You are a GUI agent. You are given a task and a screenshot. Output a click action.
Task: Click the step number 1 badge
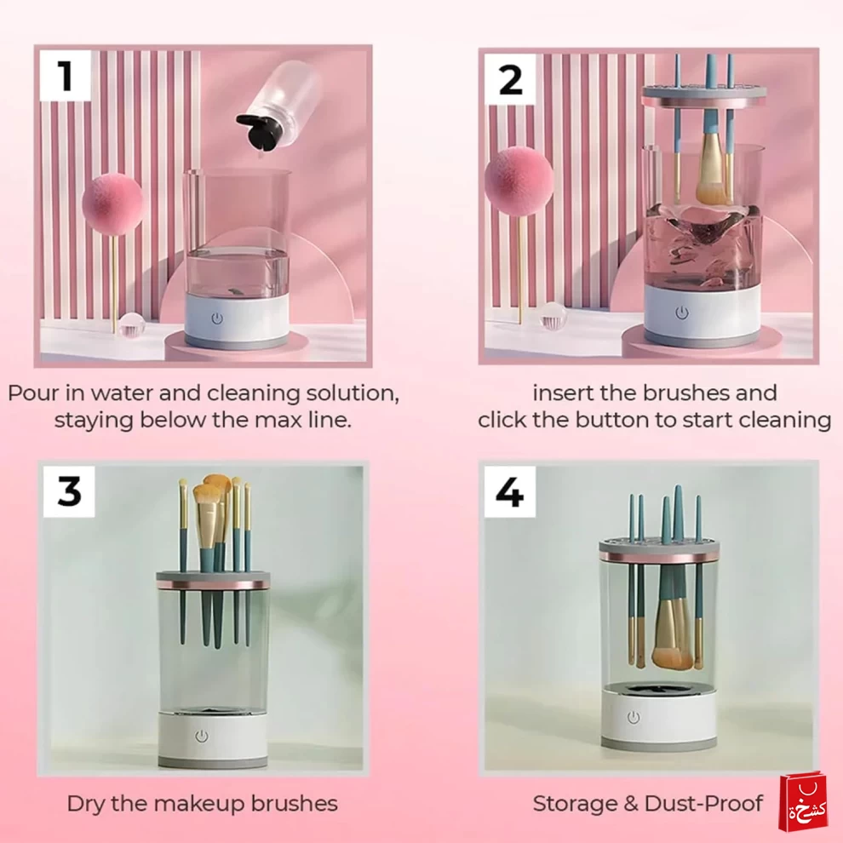point(65,76)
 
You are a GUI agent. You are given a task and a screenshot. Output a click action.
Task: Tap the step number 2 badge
point(510,79)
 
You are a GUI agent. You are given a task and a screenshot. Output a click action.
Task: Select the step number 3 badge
point(68,491)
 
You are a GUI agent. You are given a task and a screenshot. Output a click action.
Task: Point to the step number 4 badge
point(510,491)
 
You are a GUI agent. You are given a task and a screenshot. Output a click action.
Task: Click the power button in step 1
point(217,318)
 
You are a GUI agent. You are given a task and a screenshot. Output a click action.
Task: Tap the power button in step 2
point(682,313)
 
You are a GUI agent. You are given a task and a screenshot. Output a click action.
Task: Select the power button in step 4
point(634,717)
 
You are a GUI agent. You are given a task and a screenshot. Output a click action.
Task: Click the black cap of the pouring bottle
point(259,131)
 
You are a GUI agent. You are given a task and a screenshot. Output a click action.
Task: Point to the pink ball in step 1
point(112,204)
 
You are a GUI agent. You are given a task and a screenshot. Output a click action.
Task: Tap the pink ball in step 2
point(519,181)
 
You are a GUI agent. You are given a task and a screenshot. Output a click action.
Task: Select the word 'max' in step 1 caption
point(278,421)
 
